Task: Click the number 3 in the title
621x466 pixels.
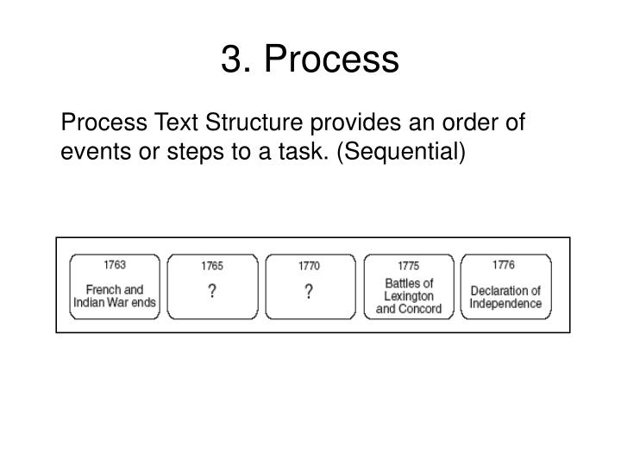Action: click(x=230, y=60)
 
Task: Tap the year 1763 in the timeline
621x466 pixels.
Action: click(x=115, y=264)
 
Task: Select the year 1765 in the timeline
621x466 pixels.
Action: click(x=212, y=266)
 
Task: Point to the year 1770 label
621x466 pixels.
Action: click(x=309, y=266)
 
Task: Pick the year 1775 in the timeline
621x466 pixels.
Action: click(x=408, y=266)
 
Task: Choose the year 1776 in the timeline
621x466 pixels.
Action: click(x=505, y=264)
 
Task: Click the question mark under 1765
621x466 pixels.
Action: click(x=211, y=293)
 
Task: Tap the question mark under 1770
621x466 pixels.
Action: click(x=309, y=293)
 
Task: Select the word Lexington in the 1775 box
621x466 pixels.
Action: click(x=408, y=296)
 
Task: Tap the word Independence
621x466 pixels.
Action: click(x=506, y=303)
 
